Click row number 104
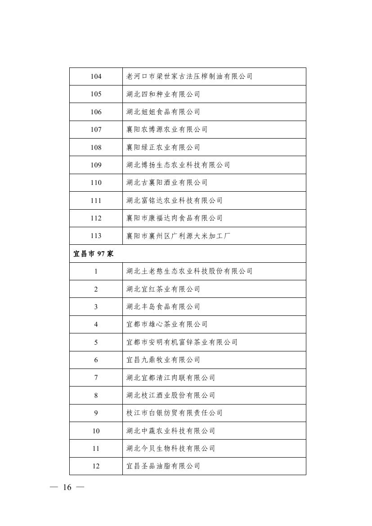pyautogui.click(x=96, y=76)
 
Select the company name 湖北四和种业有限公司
pyautogui.click(x=163, y=94)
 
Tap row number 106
pyautogui.click(x=96, y=112)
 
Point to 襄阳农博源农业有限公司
pyautogui.click(x=167, y=130)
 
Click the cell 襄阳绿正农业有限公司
pyautogui.click(x=163, y=148)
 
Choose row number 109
pyautogui.click(x=96, y=165)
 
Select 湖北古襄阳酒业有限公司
pyautogui.click(x=167, y=183)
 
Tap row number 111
pyautogui.click(x=96, y=201)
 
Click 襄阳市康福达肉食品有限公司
pyautogui.click(x=175, y=218)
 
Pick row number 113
pyautogui.click(x=96, y=236)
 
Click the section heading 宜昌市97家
pyautogui.click(x=94, y=254)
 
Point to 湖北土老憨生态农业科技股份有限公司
pyautogui.click(x=189, y=271)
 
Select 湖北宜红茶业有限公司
pyautogui.click(x=163, y=289)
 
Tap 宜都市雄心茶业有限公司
pyautogui.click(x=167, y=324)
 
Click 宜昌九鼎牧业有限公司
pyautogui.click(x=163, y=360)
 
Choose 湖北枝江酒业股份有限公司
pyautogui.click(x=171, y=396)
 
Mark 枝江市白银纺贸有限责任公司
pyautogui.click(x=175, y=413)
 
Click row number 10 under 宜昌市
pyautogui.click(x=96, y=431)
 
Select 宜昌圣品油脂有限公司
pyautogui.click(x=163, y=466)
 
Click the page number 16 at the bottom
pyautogui.click(x=67, y=488)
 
